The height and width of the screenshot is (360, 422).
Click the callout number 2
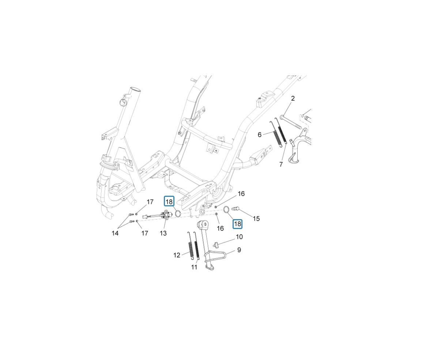click(x=293, y=98)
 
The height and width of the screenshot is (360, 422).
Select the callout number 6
click(x=259, y=135)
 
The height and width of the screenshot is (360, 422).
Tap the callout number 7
click(x=281, y=164)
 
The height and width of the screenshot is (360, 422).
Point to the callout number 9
click(x=239, y=250)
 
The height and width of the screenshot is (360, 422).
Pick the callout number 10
click(x=239, y=237)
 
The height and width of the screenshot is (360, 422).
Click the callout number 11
click(x=194, y=267)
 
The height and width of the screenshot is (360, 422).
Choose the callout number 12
click(x=177, y=255)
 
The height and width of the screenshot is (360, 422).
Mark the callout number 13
click(x=163, y=233)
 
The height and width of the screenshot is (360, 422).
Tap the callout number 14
click(x=115, y=233)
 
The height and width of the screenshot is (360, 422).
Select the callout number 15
click(x=256, y=219)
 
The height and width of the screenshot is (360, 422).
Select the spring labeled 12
click(x=191, y=246)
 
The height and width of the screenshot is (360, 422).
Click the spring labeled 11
click(x=197, y=245)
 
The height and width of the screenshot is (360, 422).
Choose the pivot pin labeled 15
click(x=235, y=209)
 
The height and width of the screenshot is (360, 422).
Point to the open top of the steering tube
click(x=135, y=89)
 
